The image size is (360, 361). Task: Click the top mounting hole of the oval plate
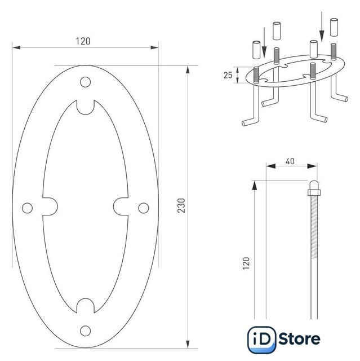(85, 82)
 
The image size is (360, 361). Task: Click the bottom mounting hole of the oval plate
(85, 331)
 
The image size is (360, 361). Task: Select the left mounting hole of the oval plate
(28, 208)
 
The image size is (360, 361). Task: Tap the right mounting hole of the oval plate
(144, 208)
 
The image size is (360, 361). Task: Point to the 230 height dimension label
(181, 205)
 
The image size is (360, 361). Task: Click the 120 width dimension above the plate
(83, 41)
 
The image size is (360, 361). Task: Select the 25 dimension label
(228, 75)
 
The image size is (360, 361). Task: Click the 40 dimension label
(290, 161)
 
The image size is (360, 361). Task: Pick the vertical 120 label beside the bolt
(246, 263)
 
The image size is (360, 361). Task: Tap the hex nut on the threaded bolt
(314, 192)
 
